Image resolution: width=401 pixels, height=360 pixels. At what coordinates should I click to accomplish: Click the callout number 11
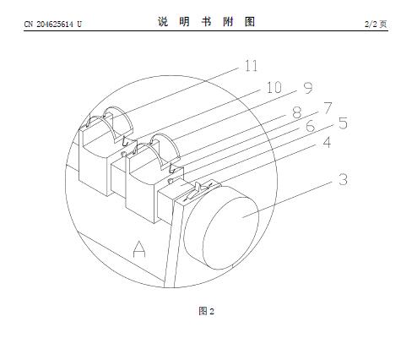pyautogui.click(x=251, y=66)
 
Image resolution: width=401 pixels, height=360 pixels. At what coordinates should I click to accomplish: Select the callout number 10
pyautogui.click(x=274, y=87)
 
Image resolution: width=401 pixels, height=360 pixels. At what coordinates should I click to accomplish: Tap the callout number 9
pyautogui.click(x=308, y=88)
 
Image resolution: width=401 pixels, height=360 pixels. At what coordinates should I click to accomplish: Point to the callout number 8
pyautogui.click(x=297, y=112)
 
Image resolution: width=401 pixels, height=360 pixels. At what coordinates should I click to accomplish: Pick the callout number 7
pyautogui.click(x=328, y=108)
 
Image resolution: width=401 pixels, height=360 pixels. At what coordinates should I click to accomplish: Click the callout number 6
pyautogui.click(x=310, y=126)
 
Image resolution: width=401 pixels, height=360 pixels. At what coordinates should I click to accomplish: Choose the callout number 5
pyautogui.click(x=343, y=123)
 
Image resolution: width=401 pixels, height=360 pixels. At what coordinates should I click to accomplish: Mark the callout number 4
pyautogui.click(x=327, y=142)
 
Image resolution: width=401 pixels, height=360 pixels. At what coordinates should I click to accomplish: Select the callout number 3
pyautogui.click(x=343, y=179)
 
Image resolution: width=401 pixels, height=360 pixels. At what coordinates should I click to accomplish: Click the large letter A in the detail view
pyautogui.click(x=139, y=249)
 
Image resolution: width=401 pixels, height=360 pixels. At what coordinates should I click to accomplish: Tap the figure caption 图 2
pyautogui.click(x=207, y=311)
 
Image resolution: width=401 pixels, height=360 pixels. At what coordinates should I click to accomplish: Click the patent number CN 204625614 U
pyautogui.click(x=53, y=25)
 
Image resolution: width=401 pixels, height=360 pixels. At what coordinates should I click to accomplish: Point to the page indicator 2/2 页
pyautogui.click(x=376, y=25)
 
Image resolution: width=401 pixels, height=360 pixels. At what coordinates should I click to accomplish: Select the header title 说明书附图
pyautogui.click(x=206, y=22)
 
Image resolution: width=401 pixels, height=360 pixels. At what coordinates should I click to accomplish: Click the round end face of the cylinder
pyautogui.click(x=230, y=233)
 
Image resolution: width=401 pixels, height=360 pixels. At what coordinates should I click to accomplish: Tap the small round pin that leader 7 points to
pyautogui.click(x=171, y=181)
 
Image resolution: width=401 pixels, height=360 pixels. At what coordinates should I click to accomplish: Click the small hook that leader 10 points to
pyautogui.click(x=127, y=140)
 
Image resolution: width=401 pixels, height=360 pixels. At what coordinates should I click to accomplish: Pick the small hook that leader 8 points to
pyautogui.click(x=174, y=168)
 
